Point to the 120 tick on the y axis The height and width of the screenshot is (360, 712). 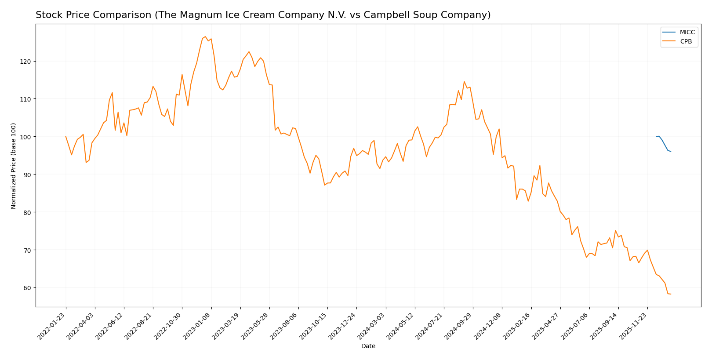coord(27,61)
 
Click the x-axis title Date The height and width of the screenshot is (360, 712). coord(368,346)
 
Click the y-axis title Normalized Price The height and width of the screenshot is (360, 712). coord(14,166)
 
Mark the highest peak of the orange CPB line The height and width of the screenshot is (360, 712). coord(205,37)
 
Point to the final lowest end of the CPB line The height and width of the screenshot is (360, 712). coord(670,294)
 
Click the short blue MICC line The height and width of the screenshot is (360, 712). coord(663,142)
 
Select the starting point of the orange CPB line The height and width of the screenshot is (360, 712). coord(66,137)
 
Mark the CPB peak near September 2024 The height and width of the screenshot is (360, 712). coord(464,82)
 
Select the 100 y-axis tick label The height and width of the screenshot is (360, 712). coord(27,137)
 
